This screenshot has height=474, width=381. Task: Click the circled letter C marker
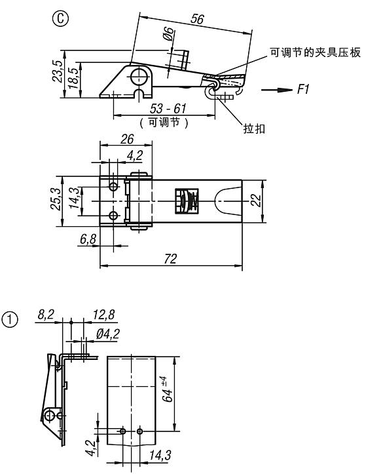[60, 19]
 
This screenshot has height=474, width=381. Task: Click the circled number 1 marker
[10, 320]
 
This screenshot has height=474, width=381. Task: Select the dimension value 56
[197, 19]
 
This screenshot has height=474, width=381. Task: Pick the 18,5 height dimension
[73, 78]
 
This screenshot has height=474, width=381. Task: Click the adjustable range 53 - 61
[168, 109]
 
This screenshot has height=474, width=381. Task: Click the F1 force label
[303, 89]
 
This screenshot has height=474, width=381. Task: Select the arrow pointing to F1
[276, 90]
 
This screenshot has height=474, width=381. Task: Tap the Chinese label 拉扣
[254, 128]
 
